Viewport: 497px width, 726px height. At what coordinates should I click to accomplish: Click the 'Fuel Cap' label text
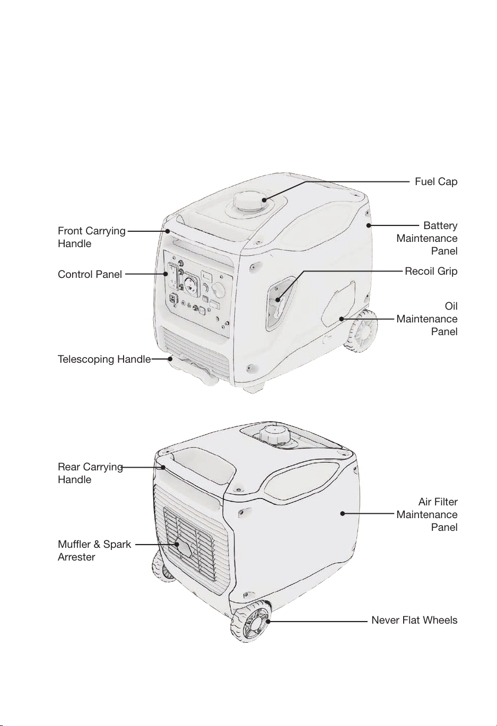(435, 182)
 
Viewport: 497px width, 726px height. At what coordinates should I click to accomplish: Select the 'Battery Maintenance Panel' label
(427, 238)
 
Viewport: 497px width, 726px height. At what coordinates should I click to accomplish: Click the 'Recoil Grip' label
(431, 272)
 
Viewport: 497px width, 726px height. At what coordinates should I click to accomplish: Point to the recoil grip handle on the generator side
(280, 306)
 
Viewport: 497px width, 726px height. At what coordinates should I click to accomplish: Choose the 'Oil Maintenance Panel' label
(427, 319)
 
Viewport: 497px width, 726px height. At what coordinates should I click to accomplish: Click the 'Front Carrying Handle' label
(91, 237)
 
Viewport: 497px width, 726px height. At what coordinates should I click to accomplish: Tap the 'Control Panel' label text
(90, 275)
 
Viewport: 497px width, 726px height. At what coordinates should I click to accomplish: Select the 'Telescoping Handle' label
(104, 360)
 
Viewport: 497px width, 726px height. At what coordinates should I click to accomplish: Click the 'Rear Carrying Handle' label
(90, 473)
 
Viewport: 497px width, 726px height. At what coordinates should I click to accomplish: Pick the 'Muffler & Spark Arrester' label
(94, 550)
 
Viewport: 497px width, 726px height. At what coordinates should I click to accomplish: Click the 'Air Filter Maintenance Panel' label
(427, 514)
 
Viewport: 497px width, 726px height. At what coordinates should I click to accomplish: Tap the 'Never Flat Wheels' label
(414, 620)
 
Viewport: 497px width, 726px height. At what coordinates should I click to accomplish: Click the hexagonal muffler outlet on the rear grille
(184, 548)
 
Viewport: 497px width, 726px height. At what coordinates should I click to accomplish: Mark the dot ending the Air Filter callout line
(343, 513)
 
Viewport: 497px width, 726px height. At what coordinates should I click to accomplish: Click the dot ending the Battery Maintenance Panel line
(369, 225)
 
